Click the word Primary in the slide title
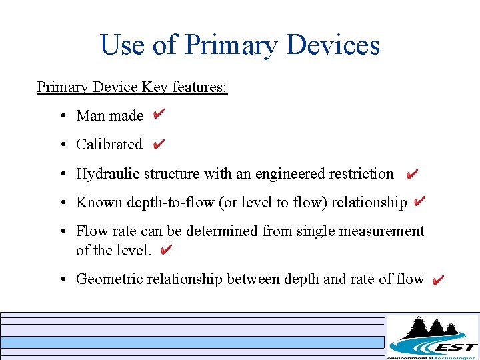coord(230,45)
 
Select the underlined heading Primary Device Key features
coord(132,87)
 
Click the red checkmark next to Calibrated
coord(159,144)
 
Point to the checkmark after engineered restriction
coord(412,174)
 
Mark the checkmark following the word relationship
coord(419,201)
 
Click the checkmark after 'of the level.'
coord(167,250)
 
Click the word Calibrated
coord(109,145)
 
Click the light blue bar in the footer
coord(193,343)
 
